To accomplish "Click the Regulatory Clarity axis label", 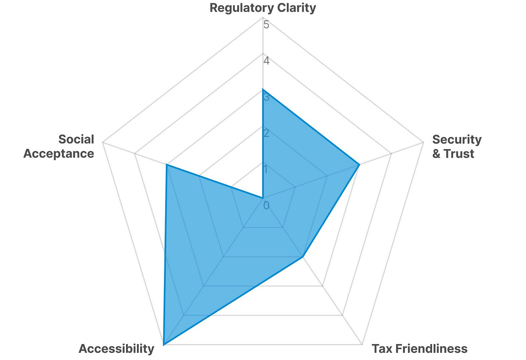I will click(x=263, y=8).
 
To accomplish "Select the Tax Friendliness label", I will click(x=419, y=349).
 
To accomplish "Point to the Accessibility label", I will click(x=116, y=349).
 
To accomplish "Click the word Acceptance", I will click(x=59, y=154).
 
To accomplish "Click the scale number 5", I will click(x=266, y=25).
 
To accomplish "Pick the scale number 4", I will click(x=266, y=61).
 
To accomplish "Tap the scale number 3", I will click(x=266, y=97).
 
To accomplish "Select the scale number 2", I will click(x=266, y=133).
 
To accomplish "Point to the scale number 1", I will click(x=266, y=169).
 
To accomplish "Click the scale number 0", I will click(x=266, y=206).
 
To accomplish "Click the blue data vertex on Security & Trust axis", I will click(x=359, y=165).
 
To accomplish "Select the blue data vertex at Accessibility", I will click(x=164, y=344).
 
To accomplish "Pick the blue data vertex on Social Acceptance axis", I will click(x=167, y=165).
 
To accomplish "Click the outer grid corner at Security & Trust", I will click(x=423, y=143).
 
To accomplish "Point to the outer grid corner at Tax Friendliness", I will click(x=362, y=344).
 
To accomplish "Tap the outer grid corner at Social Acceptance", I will click(x=103, y=143).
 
